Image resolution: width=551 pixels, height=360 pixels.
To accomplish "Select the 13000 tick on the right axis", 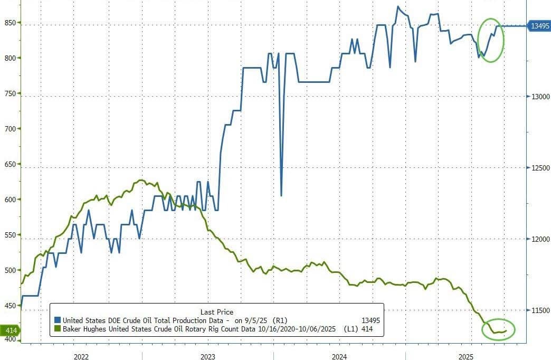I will click(x=540, y=96).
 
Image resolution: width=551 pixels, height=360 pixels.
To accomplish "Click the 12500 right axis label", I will click(x=540, y=168).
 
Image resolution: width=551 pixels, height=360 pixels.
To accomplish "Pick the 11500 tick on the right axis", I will click(x=540, y=311).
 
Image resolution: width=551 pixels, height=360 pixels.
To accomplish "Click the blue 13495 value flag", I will click(x=540, y=25).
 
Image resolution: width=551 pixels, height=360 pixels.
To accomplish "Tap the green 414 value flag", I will click(x=9, y=330).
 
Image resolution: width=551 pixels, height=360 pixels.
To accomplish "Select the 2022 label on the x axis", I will click(x=81, y=356).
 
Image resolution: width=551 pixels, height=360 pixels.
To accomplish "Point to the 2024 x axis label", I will click(x=339, y=356).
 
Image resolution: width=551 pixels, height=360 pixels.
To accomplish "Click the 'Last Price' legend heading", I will click(x=216, y=312).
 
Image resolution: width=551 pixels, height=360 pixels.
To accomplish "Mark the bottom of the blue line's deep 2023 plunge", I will click(x=281, y=195).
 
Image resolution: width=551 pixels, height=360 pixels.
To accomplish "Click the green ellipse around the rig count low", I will click(x=498, y=329).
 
